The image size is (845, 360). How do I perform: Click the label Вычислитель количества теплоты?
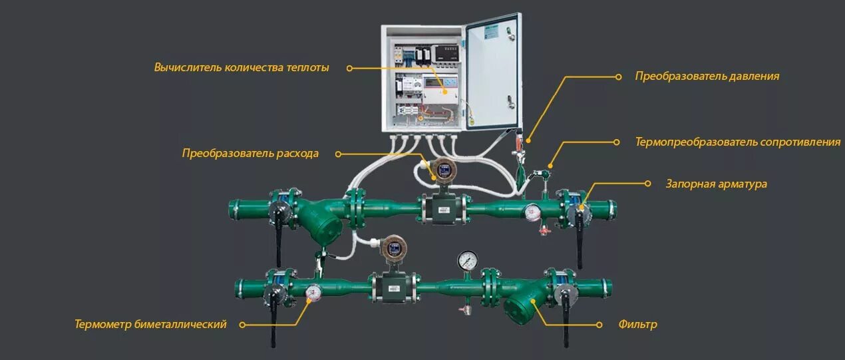click(x=242, y=67)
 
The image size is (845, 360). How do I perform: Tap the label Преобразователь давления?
click(x=707, y=76)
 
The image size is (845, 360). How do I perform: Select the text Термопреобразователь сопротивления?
click(x=737, y=142)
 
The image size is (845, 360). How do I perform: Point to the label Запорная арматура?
click(x=716, y=184)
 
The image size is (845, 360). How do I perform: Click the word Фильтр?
click(x=637, y=325)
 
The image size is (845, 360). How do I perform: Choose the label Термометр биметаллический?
click(x=151, y=325)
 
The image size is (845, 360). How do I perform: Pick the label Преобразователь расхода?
click(x=250, y=154)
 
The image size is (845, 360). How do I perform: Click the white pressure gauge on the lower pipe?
click(x=467, y=260)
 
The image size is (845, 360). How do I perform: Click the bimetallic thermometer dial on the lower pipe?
click(x=313, y=291)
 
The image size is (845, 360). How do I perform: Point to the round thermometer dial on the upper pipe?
click(x=531, y=212)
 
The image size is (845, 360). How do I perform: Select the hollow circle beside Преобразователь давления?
click(x=617, y=76)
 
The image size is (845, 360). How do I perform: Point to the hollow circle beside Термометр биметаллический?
click(x=242, y=325)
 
